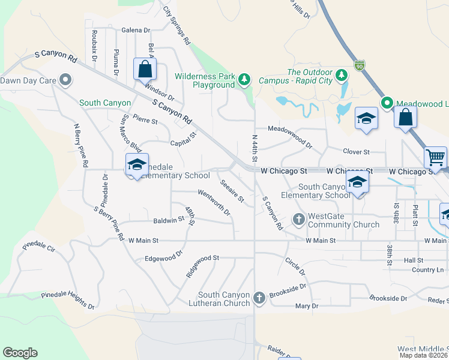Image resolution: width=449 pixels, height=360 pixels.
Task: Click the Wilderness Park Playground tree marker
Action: tap(244, 79)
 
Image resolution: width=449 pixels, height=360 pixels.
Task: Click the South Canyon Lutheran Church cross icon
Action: tap(259, 298)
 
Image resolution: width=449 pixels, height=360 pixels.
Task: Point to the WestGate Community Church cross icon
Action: tap(299, 220)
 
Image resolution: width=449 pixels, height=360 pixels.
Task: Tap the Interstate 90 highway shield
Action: tap(359, 64)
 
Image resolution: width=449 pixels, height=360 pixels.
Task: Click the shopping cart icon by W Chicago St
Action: tap(435, 158)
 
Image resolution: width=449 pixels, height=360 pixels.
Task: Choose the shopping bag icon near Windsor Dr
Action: tap(145, 69)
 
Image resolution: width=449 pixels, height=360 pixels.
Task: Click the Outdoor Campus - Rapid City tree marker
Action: tap(342, 75)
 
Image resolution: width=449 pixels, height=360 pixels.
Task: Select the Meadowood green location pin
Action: tap(388, 103)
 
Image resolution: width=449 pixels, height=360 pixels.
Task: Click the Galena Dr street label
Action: tap(136, 30)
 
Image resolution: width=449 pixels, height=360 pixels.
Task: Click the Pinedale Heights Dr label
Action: tap(68, 301)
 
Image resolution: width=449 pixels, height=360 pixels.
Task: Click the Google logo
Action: tap(20, 353)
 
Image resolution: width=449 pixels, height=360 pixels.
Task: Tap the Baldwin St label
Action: tap(169, 220)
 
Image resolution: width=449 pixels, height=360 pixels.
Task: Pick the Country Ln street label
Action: tap(427, 270)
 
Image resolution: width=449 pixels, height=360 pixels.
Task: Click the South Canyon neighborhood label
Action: tap(105, 103)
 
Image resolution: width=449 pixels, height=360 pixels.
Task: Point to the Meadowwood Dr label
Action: tap(291, 137)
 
